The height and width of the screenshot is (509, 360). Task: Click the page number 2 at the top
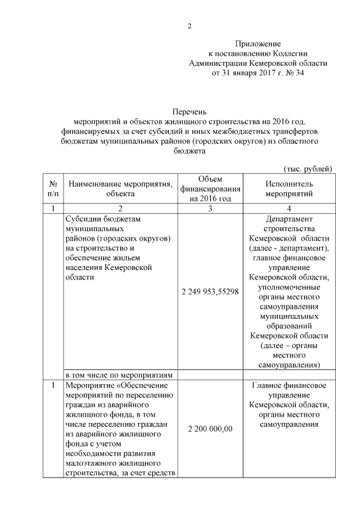(x=190, y=26)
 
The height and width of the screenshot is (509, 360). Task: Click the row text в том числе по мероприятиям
(x=121, y=375)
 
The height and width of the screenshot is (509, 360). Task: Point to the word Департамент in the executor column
(x=289, y=219)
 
